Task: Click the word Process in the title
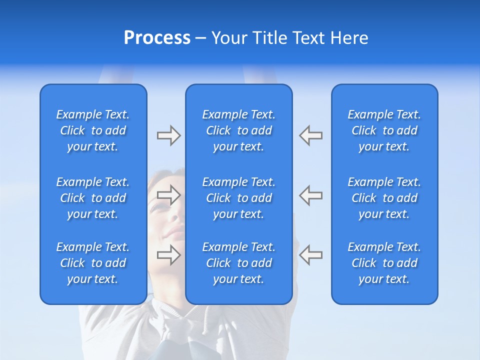157,38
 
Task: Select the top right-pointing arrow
168,135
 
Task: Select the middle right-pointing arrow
168,195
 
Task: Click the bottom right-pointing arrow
168,254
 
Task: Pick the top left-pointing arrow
311,135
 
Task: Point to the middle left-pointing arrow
311,195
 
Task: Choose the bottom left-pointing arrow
311,254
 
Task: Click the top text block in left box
93,130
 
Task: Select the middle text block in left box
93,198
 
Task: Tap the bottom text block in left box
93,263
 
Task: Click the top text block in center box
238,130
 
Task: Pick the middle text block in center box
238,198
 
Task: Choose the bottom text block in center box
238,263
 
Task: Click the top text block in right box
384,130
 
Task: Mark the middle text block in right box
384,198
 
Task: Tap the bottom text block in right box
384,263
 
